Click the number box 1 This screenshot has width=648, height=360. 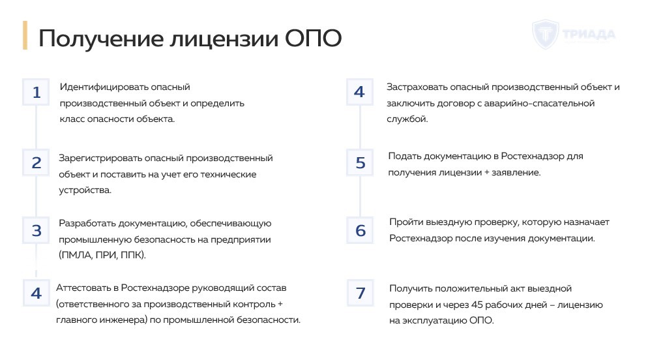pos(37,93)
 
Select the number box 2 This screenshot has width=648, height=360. pos(37,162)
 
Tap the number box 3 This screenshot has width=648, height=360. pos(37,230)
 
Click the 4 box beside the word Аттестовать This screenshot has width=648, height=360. pos(37,293)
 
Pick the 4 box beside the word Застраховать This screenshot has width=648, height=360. pos(359,92)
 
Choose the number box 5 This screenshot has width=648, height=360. pos(361,162)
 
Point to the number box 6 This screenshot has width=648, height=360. pos(361,230)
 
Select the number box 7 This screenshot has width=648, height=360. pos(361,293)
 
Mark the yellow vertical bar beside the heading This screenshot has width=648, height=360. pos(25,35)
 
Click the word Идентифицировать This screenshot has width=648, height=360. pos(104,87)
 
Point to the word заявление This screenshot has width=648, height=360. pos(516,173)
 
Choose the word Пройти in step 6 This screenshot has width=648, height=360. pos(405,222)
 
